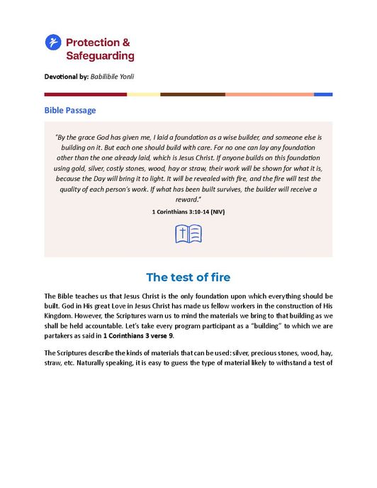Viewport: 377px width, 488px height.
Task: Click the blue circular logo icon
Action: [53, 43]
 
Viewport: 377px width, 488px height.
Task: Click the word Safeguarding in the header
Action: [100, 55]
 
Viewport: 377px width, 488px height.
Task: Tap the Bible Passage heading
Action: [70, 110]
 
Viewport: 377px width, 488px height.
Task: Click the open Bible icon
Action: [188, 234]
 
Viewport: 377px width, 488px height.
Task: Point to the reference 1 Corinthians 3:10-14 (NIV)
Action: [188, 211]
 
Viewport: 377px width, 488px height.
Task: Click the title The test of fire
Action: [188, 277]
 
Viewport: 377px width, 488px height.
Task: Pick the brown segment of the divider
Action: [192, 94]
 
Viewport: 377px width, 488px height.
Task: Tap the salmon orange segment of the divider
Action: [269, 94]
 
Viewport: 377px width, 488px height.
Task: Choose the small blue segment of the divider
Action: [323, 94]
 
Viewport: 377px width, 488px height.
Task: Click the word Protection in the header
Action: [92, 43]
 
